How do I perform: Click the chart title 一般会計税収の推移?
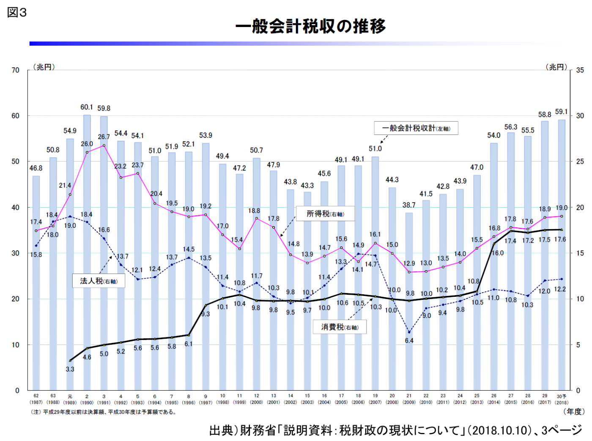click(x=311, y=26)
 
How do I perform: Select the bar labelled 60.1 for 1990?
click(x=87, y=254)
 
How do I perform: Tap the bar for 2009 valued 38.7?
click(x=409, y=300)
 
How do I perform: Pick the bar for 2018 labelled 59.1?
click(x=562, y=254)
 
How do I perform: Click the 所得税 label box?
click(x=325, y=214)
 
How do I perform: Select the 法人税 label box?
click(x=99, y=281)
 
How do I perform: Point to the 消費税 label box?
click(x=340, y=327)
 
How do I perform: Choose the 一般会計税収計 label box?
click(x=416, y=128)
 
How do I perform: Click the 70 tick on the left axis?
click(x=16, y=70)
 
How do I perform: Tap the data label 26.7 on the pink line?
click(x=104, y=137)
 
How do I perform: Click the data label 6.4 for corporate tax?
click(x=409, y=340)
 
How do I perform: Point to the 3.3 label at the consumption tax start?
click(x=70, y=369)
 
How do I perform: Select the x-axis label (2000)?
click(x=257, y=403)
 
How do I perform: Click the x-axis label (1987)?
click(x=36, y=403)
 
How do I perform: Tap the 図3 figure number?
click(x=17, y=13)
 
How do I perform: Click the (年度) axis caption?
click(x=574, y=411)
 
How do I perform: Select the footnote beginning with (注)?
click(x=104, y=412)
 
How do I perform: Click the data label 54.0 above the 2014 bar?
click(x=493, y=135)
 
